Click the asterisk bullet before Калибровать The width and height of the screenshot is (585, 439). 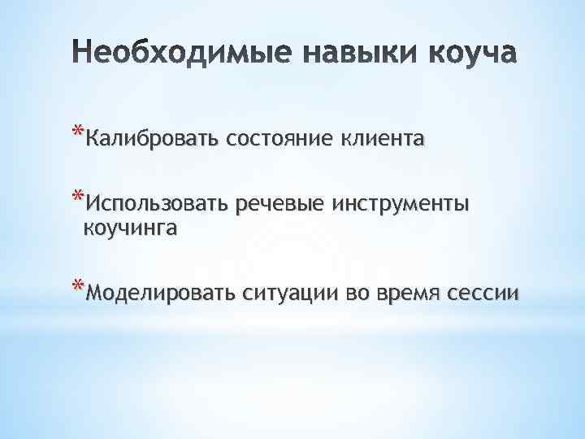pos(77,133)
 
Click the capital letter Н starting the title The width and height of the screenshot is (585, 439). pos(79,54)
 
